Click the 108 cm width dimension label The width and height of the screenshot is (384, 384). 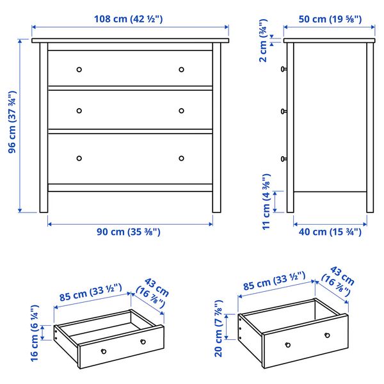[131, 19]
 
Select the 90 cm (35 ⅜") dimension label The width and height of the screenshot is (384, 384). [129, 232]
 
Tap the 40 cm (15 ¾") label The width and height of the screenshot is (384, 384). [330, 232]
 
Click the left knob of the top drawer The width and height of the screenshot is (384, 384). [79, 69]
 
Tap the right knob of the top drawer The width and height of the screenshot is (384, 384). [181, 69]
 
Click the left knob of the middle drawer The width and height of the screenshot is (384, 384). [79, 111]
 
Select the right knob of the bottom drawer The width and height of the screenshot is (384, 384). [181, 158]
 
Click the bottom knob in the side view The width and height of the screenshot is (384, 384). [283, 158]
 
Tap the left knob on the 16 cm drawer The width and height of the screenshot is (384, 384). [103, 350]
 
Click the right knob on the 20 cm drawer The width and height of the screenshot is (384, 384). [327, 335]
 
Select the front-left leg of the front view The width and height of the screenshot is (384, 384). [44, 198]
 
